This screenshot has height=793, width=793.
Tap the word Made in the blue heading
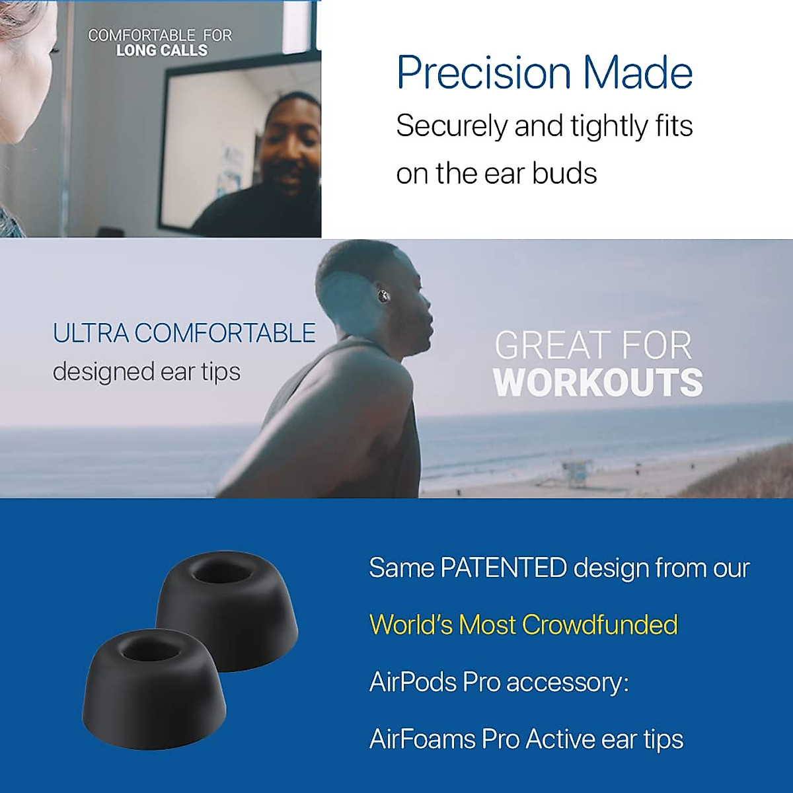[x=638, y=73]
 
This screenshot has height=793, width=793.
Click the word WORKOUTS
[x=598, y=383]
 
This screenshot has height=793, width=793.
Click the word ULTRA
[x=91, y=333]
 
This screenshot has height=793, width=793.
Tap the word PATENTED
[x=504, y=568]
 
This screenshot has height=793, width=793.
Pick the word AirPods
[x=413, y=681]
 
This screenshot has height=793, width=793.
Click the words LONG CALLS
[x=162, y=50]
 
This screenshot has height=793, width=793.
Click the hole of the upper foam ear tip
[x=221, y=570]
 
